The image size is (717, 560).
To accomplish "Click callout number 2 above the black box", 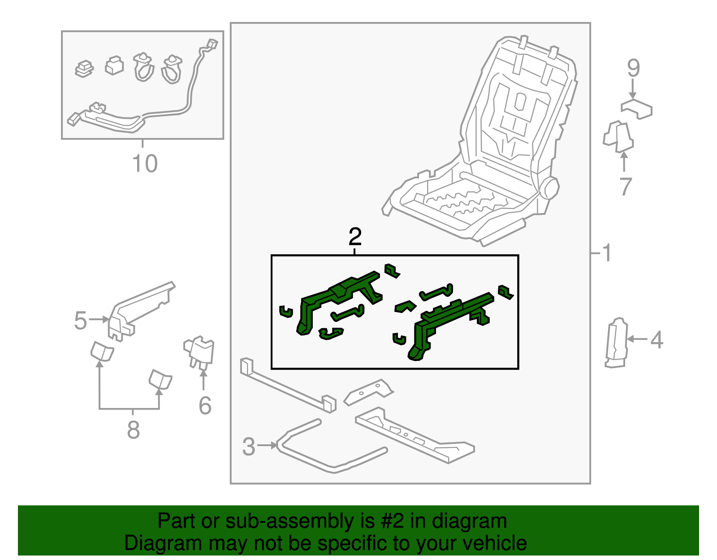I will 355,236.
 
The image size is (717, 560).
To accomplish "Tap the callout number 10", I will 145,163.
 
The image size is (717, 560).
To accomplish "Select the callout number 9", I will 633,68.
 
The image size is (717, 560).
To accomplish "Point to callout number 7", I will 626,187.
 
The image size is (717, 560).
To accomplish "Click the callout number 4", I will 657,340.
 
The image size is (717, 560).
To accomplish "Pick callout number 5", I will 80,321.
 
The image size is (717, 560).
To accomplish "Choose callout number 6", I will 205,406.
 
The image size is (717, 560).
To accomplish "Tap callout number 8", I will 133,430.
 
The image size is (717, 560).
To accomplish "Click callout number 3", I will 249,447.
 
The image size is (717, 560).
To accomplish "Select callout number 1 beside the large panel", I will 607,253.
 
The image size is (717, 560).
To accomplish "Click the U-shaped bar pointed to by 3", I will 332,466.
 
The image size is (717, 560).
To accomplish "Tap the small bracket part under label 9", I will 636,109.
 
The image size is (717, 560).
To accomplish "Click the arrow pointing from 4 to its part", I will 637,339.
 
